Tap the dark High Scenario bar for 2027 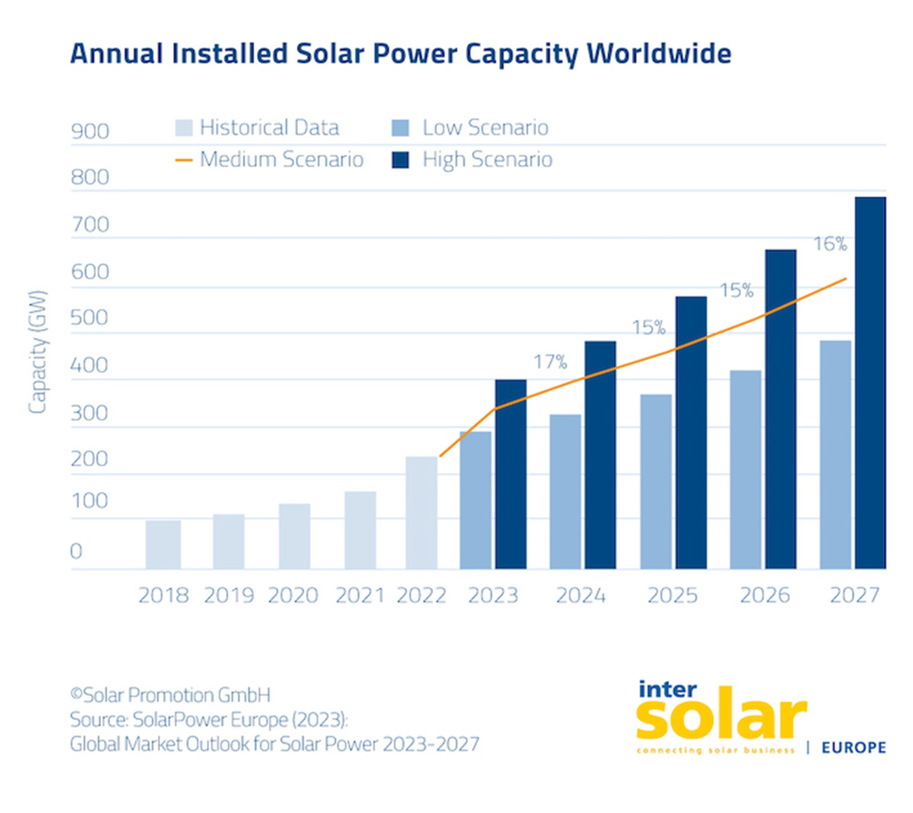coord(870,382)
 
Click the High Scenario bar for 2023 coord(510,474)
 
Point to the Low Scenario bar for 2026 coord(745,469)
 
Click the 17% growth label coord(550,362)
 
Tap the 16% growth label coord(830,244)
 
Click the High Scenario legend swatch coord(400,160)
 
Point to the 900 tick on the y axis coord(90,131)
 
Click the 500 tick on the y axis coord(89,318)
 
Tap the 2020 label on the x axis coord(293,595)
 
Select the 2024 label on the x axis coord(580,595)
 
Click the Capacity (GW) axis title coord(38,352)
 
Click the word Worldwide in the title coord(659,54)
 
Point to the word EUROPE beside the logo coord(853,747)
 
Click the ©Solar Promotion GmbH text coord(170,695)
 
